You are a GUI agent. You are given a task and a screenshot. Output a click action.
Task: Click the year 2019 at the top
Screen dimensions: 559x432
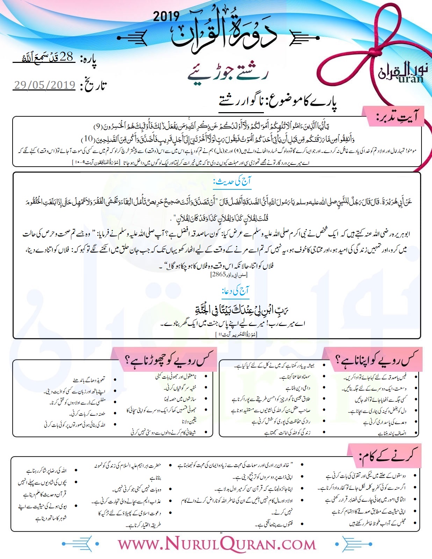[166, 16]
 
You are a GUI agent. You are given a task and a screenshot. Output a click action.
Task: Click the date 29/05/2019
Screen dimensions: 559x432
[44, 85]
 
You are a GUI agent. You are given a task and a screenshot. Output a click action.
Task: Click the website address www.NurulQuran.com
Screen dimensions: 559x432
[216, 544]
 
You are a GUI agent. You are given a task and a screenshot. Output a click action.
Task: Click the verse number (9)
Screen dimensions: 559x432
[98, 125]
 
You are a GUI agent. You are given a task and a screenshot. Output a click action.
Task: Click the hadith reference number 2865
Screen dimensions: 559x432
[219, 275]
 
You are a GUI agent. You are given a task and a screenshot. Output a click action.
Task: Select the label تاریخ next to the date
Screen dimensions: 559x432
[93, 86]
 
